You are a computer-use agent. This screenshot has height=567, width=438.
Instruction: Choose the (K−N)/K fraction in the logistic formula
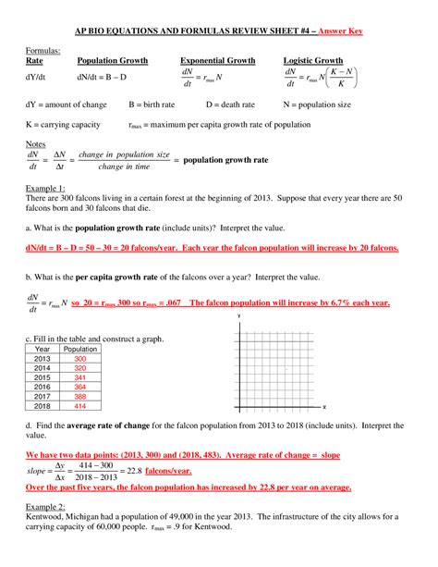[343, 77]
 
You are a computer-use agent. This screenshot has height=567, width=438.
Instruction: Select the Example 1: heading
[43, 187]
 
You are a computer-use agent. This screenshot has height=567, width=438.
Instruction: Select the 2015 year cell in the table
[43, 377]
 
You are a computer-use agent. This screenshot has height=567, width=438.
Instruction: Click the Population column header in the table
[75, 349]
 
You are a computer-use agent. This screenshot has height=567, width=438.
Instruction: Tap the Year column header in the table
[43, 349]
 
